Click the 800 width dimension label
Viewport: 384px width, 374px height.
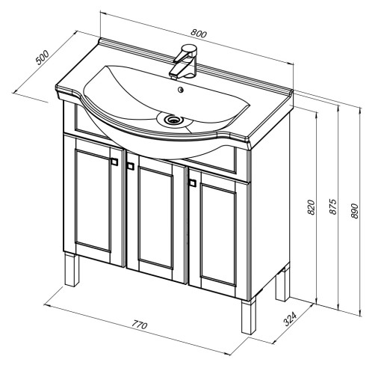pos(199,34)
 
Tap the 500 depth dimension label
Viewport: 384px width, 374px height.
pos(43,58)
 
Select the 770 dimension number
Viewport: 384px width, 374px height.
pos(140,325)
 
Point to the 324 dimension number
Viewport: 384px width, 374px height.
pos(290,319)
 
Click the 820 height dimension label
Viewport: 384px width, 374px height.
pos(311,207)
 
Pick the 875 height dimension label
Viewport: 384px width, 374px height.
pos(333,206)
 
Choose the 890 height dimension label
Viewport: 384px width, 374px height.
pos(354,211)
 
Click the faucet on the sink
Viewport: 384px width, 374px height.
pos(184,61)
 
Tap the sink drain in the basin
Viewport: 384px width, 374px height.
pos(172,120)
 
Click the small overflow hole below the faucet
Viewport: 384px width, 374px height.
pos(181,90)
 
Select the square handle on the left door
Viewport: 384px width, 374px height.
pos(114,162)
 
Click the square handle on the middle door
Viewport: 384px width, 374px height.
pos(130,166)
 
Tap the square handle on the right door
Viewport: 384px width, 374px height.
pos(193,183)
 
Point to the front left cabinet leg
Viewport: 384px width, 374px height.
pos(72,269)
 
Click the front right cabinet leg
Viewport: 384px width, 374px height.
pos(249,316)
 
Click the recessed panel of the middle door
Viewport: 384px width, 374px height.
pos(155,218)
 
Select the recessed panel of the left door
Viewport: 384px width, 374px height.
pos(93,200)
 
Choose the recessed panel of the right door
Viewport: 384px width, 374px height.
pos(218,235)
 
